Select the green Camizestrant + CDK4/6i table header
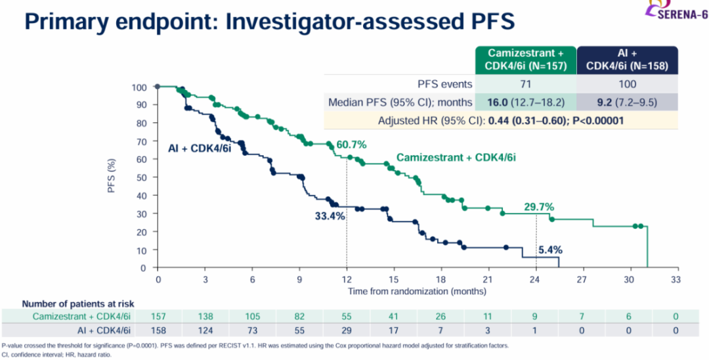pyautogui.click(x=526, y=59)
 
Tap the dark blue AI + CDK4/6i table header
pyautogui.click(x=626, y=59)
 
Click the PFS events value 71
pyautogui.click(x=526, y=84)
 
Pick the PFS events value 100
pyautogui.click(x=627, y=84)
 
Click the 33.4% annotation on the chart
pyautogui.click(x=330, y=216)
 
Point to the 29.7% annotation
pyautogui.click(x=538, y=207)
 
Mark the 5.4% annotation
pyautogui.click(x=550, y=250)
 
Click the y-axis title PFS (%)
pyautogui.click(x=112, y=177)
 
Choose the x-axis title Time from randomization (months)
pyautogui.click(x=417, y=290)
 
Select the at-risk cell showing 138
pyautogui.click(x=205, y=317)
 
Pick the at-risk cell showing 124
pyautogui.click(x=205, y=330)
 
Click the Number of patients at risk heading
pyautogui.click(x=78, y=304)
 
